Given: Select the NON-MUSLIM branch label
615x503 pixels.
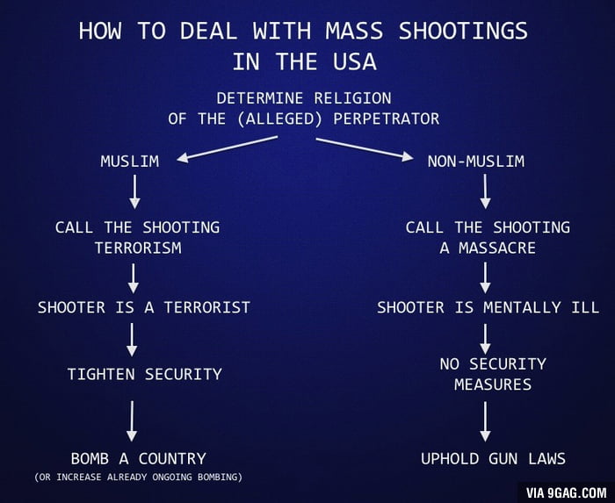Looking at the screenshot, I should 475,161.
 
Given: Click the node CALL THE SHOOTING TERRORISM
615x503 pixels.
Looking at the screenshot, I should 137,237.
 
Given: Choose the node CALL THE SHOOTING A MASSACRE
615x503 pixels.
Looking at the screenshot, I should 487,237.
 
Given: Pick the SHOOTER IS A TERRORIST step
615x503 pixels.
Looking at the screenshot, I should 143,307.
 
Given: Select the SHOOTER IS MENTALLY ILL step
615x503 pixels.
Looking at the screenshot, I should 488,307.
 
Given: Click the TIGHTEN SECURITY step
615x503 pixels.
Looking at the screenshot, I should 144,374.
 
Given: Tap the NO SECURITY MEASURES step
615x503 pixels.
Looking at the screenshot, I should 492,373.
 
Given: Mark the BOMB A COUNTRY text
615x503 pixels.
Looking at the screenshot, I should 138,458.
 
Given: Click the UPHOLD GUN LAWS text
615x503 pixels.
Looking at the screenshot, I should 492,458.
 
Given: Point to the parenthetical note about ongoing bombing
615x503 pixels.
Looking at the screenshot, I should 138,478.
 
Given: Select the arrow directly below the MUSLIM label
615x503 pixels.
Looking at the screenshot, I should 134,191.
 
